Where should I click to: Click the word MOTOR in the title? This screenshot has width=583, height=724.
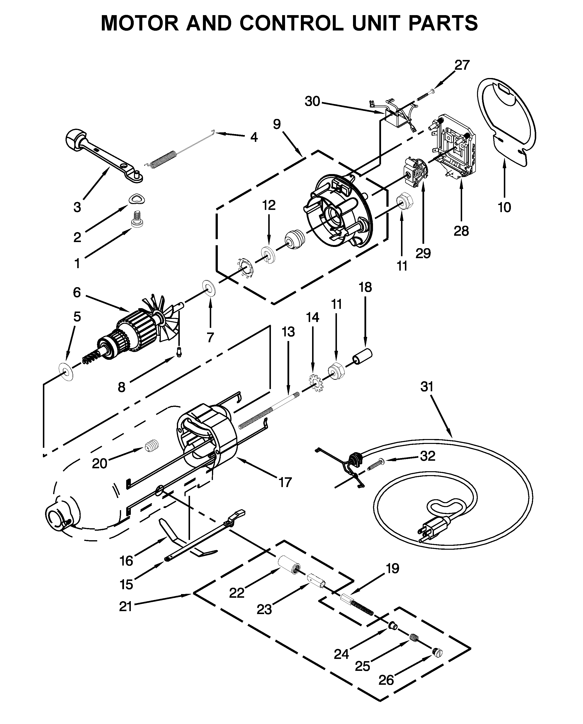(x=140, y=23)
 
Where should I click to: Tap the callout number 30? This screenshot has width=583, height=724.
(x=312, y=101)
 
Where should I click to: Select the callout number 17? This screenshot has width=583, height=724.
(x=285, y=483)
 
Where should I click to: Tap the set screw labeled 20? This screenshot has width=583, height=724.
(x=152, y=446)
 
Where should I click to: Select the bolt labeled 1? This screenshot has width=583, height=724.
(x=136, y=219)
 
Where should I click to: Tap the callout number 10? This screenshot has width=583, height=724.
(x=504, y=208)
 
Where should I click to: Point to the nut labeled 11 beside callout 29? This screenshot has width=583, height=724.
(x=404, y=201)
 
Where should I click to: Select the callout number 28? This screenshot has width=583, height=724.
(x=461, y=231)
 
